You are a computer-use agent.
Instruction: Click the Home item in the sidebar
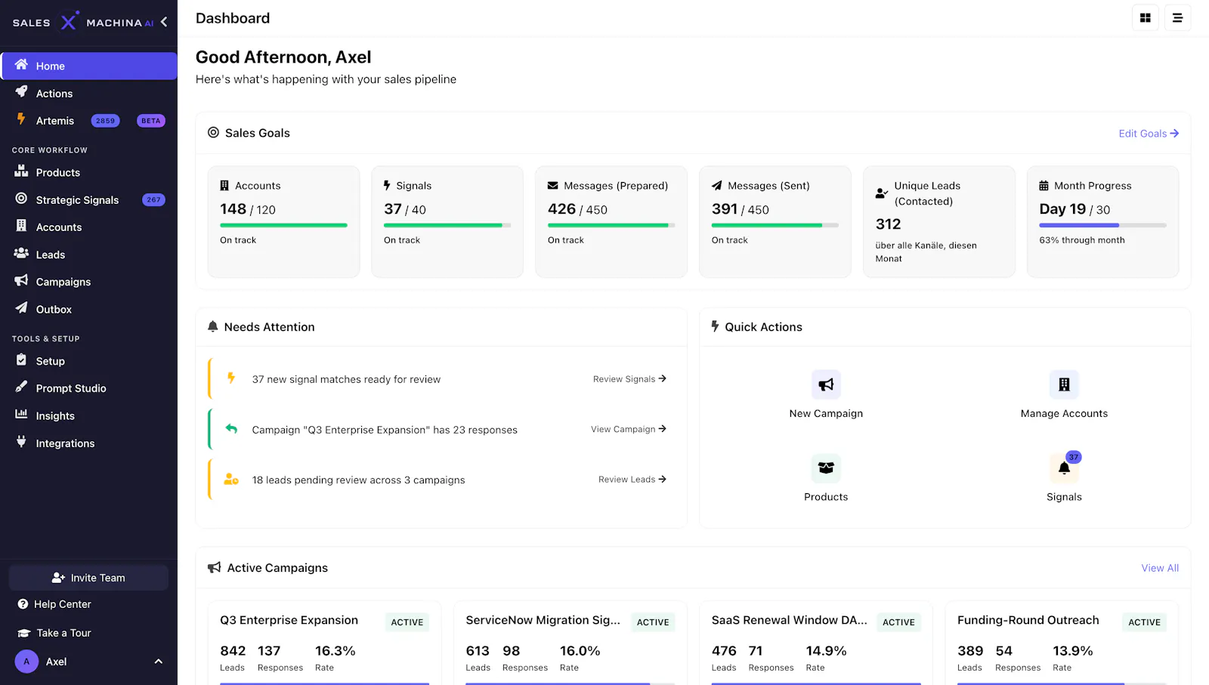tap(89, 66)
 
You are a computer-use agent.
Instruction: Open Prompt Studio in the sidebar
tap(71, 388)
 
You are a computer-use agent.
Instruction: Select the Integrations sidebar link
tap(65, 443)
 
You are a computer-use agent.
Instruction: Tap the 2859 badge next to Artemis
tap(105, 121)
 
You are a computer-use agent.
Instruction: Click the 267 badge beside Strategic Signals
tap(153, 199)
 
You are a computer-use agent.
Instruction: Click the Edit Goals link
tap(1149, 133)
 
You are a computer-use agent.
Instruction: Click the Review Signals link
tap(629, 379)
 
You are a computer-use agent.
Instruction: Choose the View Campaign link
tap(628, 429)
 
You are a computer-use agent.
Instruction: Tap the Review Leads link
tap(632, 480)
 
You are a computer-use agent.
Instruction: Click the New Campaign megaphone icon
tap(826, 384)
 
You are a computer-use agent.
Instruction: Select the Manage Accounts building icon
tap(1064, 384)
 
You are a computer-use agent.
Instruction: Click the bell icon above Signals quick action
tap(1064, 467)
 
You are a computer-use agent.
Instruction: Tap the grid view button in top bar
tap(1146, 18)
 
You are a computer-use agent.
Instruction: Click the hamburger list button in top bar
tap(1178, 18)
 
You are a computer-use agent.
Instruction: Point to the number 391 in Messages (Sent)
tap(725, 208)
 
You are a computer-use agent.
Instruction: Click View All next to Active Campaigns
tap(1160, 568)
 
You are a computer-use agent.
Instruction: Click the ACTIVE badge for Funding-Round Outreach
tap(1144, 622)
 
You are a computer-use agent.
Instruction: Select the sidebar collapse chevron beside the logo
tap(164, 22)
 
